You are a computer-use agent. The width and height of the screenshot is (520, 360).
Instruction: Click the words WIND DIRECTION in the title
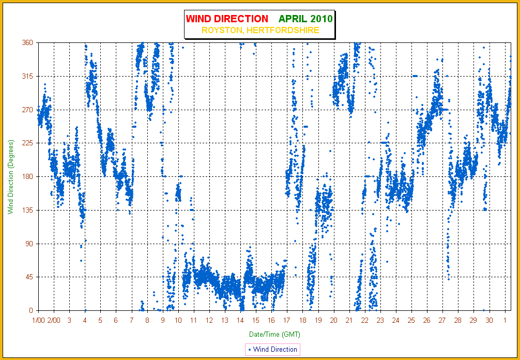(227, 19)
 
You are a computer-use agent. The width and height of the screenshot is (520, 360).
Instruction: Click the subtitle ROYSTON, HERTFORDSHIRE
(261, 30)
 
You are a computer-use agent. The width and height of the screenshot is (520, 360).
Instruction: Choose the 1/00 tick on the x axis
(38, 321)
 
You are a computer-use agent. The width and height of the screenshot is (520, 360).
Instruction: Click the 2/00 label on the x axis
(54, 321)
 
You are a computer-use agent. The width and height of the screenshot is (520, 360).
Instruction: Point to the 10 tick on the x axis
(178, 321)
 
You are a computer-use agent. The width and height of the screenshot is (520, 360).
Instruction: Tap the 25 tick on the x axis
(411, 321)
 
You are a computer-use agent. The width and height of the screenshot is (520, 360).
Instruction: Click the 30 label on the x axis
(490, 321)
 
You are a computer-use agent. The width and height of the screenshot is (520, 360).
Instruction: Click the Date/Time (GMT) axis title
(274, 334)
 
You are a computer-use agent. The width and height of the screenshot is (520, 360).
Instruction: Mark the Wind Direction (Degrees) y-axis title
(11, 176)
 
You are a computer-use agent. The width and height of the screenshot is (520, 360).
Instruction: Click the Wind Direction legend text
(275, 349)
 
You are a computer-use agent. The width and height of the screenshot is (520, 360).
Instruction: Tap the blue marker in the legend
(249, 349)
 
